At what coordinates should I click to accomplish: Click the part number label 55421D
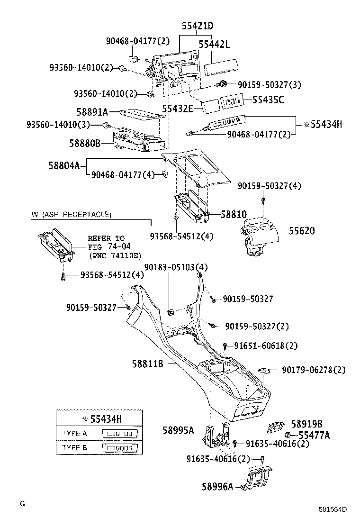point(197,27)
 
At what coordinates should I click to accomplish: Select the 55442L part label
point(214,45)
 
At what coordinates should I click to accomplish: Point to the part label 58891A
point(92,112)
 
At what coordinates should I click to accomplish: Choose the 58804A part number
point(64,165)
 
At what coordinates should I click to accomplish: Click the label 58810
point(234,215)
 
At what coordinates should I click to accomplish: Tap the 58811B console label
point(147,364)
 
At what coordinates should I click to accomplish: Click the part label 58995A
point(178,430)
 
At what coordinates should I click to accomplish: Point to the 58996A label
point(217,487)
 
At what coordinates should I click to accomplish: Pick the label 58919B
point(306,424)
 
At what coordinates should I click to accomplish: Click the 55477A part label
point(314,435)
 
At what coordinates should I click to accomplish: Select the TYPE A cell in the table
point(74,433)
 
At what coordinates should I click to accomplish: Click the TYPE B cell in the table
point(74,447)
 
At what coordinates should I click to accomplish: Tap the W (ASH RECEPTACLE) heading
point(72,215)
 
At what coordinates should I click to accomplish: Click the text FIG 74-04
point(109,247)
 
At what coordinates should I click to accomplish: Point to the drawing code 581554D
point(332,510)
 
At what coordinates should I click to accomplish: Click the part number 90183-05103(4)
point(176,267)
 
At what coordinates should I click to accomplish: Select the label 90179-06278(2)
point(314,370)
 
